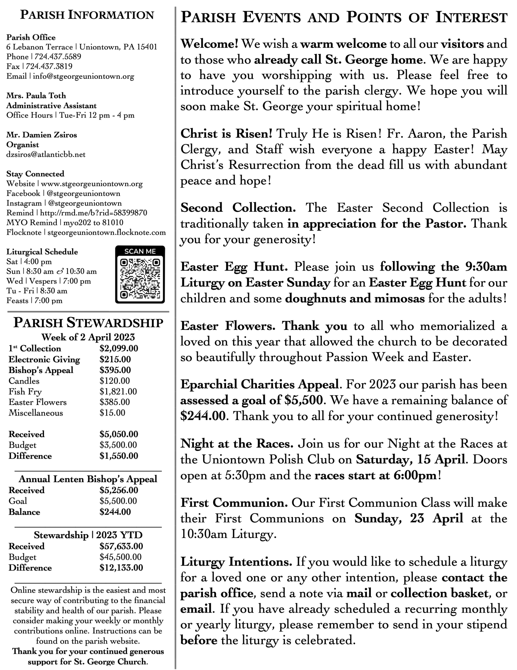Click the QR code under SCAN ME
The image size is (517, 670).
(x=140, y=278)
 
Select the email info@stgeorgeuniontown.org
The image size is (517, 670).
(x=84, y=76)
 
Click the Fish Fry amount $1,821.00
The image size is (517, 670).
(x=118, y=392)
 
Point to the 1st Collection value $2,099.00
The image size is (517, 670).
(x=119, y=348)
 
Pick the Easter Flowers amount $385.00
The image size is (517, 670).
(x=115, y=402)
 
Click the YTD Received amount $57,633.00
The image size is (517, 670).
(x=121, y=546)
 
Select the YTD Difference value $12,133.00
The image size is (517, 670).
(x=121, y=568)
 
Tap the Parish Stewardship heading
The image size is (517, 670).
(x=88, y=323)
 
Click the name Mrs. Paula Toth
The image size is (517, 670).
(x=36, y=96)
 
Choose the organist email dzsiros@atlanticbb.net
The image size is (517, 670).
(x=46, y=154)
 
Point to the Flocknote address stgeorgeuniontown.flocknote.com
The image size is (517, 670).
(x=106, y=232)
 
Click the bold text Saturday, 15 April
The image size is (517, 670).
(x=410, y=460)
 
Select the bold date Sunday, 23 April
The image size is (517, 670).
(x=408, y=519)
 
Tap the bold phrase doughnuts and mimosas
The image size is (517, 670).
(x=355, y=299)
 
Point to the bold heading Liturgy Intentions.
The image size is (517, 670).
(x=236, y=562)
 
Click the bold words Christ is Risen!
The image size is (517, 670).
(x=226, y=134)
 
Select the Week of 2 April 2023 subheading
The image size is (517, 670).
(x=88, y=337)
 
